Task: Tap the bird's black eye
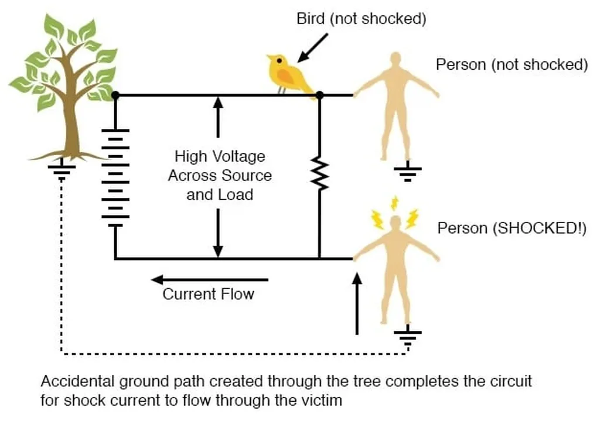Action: point(279,60)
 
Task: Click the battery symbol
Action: point(115,178)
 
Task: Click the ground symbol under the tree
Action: point(62,172)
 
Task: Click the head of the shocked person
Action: point(396,222)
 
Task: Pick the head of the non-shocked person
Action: point(396,60)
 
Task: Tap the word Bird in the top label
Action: point(311,18)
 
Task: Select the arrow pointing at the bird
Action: point(312,48)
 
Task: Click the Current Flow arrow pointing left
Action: point(210,280)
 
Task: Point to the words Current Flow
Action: point(208,294)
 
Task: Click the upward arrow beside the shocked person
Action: point(357,304)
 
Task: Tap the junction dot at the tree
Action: point(115,95)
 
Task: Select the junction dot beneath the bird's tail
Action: point(319,95)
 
